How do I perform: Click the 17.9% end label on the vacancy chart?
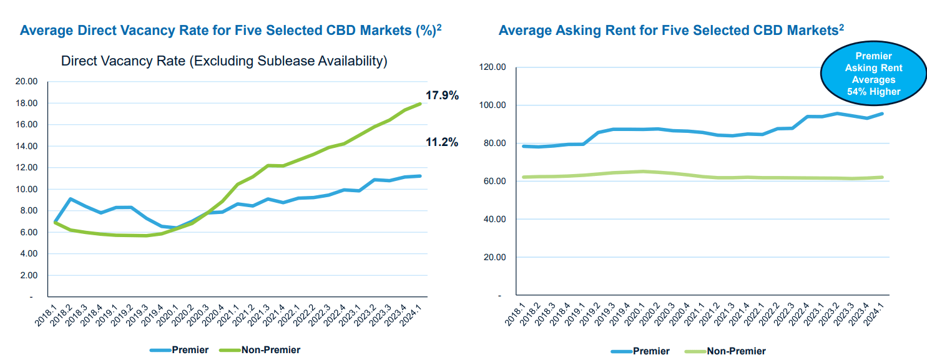coord(442,95)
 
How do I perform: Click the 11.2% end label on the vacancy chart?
coord(442,142)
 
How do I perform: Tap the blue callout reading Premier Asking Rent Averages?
coord(874,74)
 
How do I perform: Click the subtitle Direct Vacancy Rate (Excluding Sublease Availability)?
coord(224,61)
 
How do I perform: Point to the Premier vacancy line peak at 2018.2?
coord(71,199)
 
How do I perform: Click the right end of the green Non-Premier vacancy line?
coord(419,104)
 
